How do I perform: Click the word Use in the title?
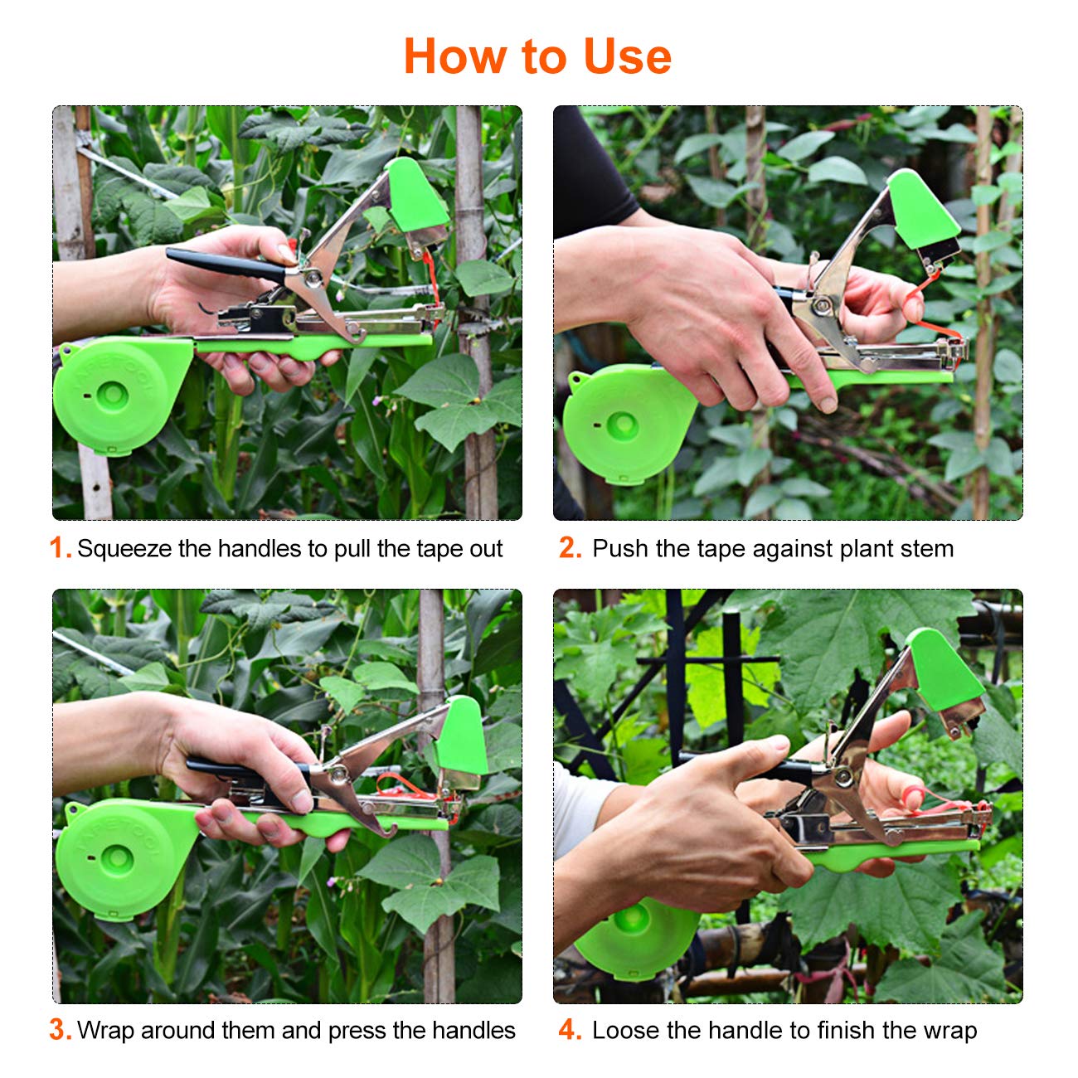point(627,56)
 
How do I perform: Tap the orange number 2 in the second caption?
point(570,548)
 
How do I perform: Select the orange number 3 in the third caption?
point(60,1030)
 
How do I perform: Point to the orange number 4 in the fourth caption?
point(570,1030)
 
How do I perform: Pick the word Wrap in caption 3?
point(105,1031)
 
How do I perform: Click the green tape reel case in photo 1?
point(112,394)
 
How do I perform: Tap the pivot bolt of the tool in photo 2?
point(822,307)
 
